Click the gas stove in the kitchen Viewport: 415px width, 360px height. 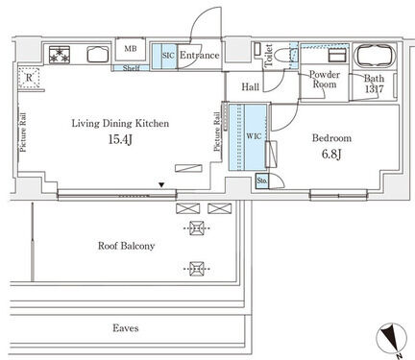[x=60, y=55]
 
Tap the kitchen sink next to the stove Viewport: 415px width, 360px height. [x=98, y=55]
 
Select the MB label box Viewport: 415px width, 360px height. [x=131, y=49]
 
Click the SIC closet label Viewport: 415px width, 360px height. [x=168, y=56]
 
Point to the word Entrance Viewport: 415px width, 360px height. [x=200, y=55]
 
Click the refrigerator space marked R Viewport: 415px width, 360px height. [x=29, y=78]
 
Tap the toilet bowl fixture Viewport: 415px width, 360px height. [x=284, y=55]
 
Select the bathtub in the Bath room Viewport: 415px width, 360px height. [x=375, y=55]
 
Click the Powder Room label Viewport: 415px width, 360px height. [x=325, y=80]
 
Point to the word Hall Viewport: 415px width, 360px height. [x=251, y=86]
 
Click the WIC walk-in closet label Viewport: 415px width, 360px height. [x=254, y=136]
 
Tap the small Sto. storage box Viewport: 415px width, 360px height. [x=262, y=180]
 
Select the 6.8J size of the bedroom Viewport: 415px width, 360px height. [x=331, y=155]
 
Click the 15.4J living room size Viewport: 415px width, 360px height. [x=120, y=139]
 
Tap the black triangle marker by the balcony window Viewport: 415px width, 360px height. [x=162, y=184]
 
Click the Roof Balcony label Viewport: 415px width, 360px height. [x=127, y=246]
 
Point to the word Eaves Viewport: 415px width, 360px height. [x=126, y=328]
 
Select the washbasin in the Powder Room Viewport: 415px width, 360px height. [x=337, y=56]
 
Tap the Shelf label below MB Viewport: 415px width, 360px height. [x=131, y=68]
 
